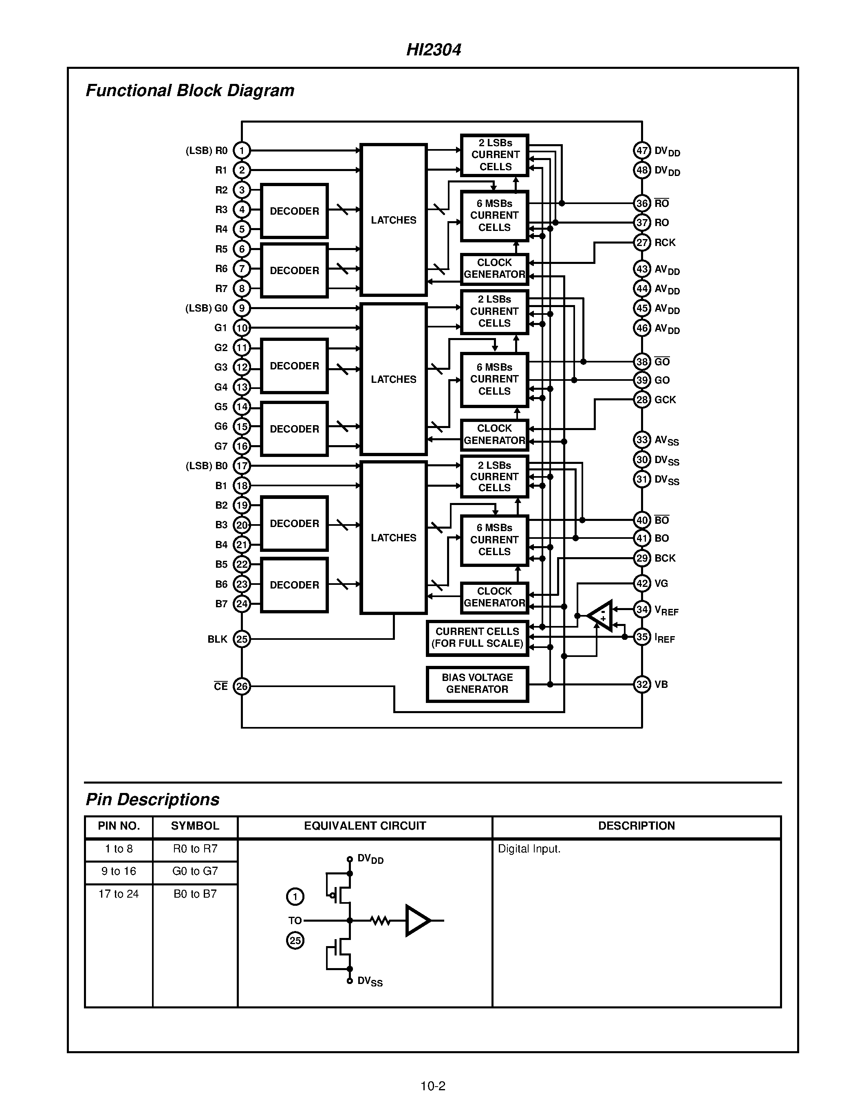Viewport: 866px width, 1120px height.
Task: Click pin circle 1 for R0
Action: pyautogui.click(x=242, y=150)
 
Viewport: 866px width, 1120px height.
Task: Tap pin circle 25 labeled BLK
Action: pyautogui.click(x=242, y=639)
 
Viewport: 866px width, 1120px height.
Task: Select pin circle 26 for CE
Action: pyautogui.click(x=242, y=686)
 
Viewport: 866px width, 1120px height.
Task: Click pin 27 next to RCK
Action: pyautogui.click(x=642, y=242)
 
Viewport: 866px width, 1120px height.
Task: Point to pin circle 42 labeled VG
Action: pyautogui.click(x=642, y=583)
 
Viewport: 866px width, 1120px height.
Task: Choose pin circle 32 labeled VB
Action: pyautogui.click(x=642, y=684)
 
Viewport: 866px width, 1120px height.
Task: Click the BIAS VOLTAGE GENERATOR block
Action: pyautogui.click(x=477, y=683)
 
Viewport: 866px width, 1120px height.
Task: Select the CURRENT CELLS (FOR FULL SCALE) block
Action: pyautogui.click(x=477, y=637)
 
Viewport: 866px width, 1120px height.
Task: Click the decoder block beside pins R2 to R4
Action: pyautogui.click(x=294, y=211)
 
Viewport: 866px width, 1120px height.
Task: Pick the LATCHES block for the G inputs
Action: pyautogui.click(x=394, y=379)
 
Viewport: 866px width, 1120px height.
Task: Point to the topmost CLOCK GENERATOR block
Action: pyautogui.click(x=494, y=268)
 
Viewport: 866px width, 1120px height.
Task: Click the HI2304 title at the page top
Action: pyautogui.click(x=434, y=50)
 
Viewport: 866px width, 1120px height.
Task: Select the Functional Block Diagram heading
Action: pyautogui.click(x=190, y=91)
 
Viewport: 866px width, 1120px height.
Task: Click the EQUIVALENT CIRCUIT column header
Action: pyautogui.click(x=365, y=826)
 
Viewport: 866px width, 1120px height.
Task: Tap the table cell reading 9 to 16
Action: pyautogui.click(x=119, y=871)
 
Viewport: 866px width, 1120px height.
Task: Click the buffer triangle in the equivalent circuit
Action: pyautogui.click(x=417, y=920)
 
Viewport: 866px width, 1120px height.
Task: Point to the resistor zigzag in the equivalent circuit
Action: pyautogui.click(x=380, y=920)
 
